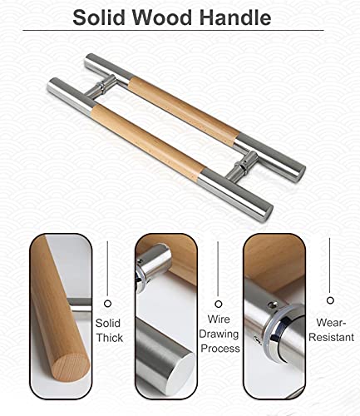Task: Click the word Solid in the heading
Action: pyautogui.click(x=99, y=17)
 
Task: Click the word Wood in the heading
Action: pyautogui.click(x=162, y=17)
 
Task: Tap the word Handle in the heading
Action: pyautogui.click(x=235, y=17)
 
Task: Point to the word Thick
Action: pyautogui.click(x=110, y=338)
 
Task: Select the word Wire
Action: pyautogui.click(x=219, y=319)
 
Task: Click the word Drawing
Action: pyautogui.click(x=219, y=334)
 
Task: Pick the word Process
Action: pyautogui.click(x=220, y=349)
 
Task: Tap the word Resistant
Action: pyautogui.click(x=332, y=337)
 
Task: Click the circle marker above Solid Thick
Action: pyautogui.click(x=107, y=304)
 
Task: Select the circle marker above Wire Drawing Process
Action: pyautogui.click(x=219, y=304)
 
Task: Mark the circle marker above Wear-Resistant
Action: pyautogui.click(x=330, y=300)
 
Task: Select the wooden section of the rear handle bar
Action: pyautogui.click(x=184, y=107)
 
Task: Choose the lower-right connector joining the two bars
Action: pyautogui.click(x=241, y=166)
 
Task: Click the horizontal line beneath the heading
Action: pyautogui.click(x=173, y=30)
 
